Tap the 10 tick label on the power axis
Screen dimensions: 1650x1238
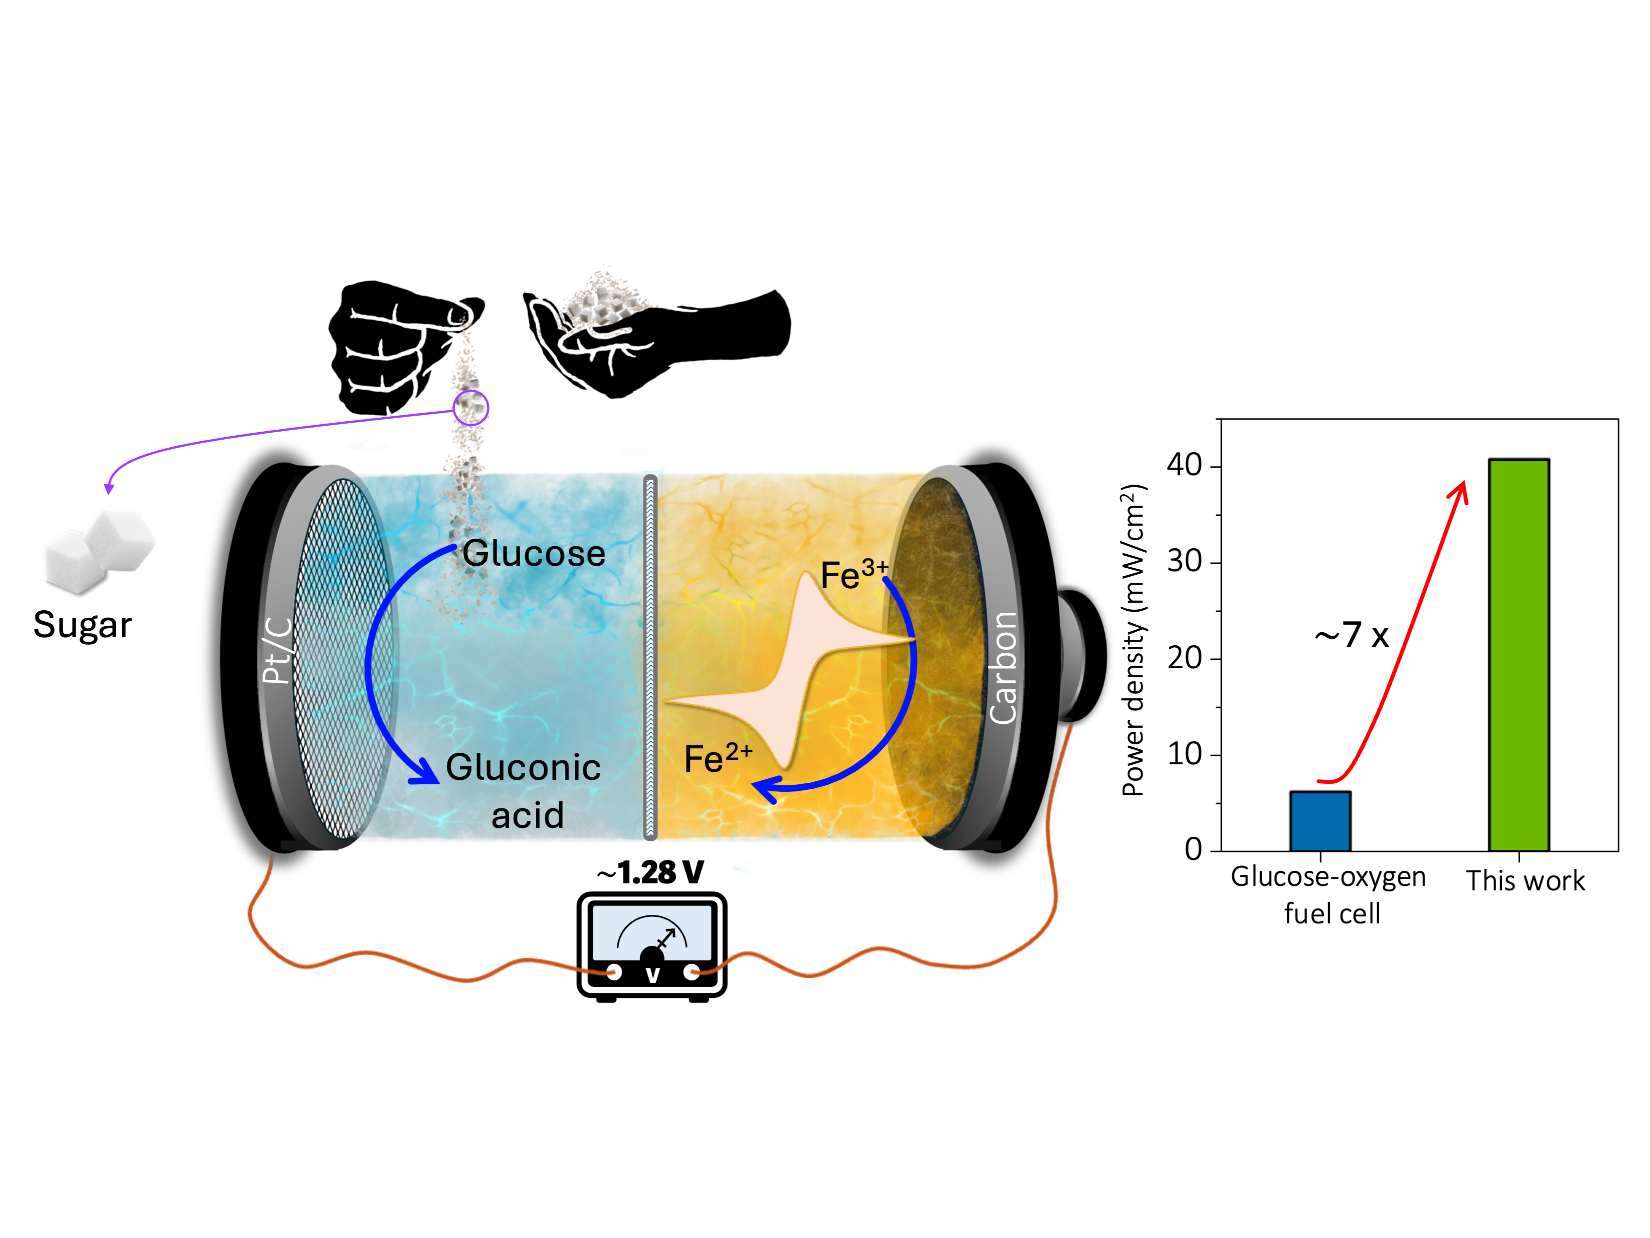pyautogui.click(x=1184, y=754)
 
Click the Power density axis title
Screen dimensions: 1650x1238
pyautogui.click(x=1133, y=640)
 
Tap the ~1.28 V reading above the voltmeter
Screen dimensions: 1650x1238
pyautogui.click(x=650, y=871)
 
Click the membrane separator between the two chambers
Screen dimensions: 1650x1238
pyautogui.click(x=649, y=657)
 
